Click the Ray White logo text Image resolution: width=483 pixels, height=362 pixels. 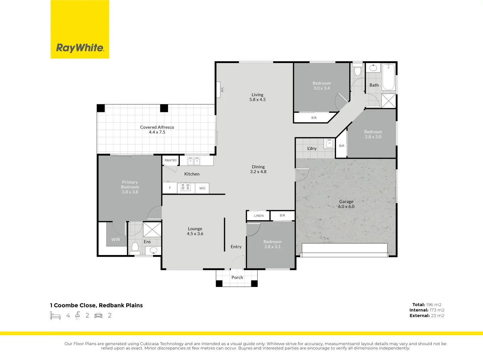coord(80,48)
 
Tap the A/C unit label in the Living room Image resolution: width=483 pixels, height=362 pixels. coord(222,89)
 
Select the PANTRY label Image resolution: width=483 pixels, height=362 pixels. coord(171,161)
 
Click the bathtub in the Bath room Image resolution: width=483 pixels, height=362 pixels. coord(389,77)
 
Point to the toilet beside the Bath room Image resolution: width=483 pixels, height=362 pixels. coord(358,69)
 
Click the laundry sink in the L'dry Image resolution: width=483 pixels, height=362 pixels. coord(329,143)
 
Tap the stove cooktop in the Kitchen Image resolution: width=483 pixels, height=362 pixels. coord(185,187)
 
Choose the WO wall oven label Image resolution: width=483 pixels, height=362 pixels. coord(202,188)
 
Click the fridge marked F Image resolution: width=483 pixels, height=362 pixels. coord(170,188)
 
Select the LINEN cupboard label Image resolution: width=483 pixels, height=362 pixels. coord(259,216)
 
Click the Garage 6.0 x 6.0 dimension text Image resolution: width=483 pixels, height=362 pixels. coord(346,206)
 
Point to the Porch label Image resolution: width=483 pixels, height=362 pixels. coord(237,278)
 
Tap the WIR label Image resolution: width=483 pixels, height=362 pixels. coord(115,240)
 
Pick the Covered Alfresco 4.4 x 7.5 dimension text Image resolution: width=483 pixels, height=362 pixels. coord(157,132)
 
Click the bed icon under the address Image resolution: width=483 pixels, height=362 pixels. coord(55,315)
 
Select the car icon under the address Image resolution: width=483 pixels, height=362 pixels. coord(98,316)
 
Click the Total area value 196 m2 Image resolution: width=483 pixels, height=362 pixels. coord(434,305)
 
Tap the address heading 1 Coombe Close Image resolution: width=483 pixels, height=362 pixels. coord(73,305)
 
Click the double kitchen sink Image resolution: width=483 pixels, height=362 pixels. coord(194,161)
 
